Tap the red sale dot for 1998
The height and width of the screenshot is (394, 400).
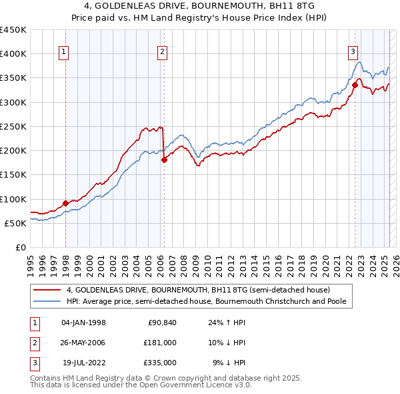(x=65, y=203)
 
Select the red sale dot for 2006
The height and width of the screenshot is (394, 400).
(x=164, y=160)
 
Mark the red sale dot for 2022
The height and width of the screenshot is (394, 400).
(x=355, y=85)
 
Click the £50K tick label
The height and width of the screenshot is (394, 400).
(x=15, y=223)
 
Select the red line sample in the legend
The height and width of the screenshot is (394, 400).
(x=47, y=290)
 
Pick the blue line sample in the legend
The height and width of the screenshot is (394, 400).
(x=47, y=301)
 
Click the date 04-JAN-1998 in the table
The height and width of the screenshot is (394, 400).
(x=83, y=323)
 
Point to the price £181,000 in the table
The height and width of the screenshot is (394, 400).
(x=159, y=343)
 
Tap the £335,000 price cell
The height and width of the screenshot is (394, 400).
(x=159, y=363)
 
